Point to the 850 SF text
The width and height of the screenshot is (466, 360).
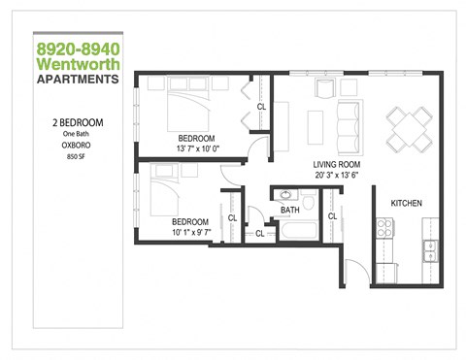[78, 155]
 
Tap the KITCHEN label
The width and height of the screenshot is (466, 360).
[407, 203]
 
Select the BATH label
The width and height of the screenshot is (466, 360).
[289, 210]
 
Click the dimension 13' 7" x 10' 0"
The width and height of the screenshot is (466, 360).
[197, 148]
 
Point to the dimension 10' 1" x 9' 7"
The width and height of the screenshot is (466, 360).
[185, 231]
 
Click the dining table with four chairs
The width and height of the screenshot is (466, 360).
[405, 126]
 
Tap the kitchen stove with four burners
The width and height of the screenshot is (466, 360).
[383, 230]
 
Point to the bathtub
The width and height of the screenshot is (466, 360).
[297, 233]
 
